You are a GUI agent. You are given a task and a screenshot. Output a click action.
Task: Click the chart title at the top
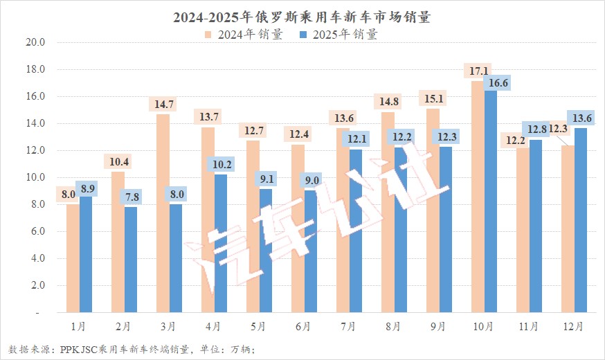click(x=302, y=17)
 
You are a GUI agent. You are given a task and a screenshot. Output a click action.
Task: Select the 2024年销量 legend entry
click(x=243, y=35)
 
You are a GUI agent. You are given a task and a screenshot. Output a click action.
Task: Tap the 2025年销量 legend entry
click(x=338, y=35)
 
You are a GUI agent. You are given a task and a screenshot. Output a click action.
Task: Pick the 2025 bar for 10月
click(x=491, y=201)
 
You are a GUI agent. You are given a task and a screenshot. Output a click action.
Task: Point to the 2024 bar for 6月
click(x=298, y=228)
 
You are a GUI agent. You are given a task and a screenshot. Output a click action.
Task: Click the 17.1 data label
click(x=478, y=71)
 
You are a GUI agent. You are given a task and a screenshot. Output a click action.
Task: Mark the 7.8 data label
click(x=131, y=197)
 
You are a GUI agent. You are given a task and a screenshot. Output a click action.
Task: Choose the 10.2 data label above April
click(x=221, y=165)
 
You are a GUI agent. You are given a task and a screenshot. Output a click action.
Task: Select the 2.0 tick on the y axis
click(x=36, y=285)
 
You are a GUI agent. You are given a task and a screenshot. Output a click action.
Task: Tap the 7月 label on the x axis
click(x=349, y=325)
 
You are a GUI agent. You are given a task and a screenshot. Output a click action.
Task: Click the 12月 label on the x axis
click(x=574, y=325)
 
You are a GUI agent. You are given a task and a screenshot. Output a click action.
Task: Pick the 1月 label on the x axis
click(x=79, y=325)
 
